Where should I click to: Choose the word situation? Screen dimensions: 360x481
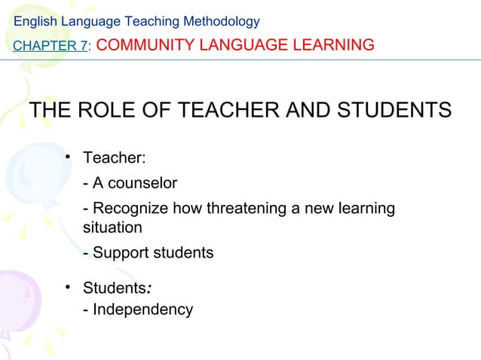(112, 226)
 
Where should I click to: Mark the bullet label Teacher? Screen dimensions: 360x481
(114, 159)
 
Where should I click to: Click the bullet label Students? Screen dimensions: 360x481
(119, 288)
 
